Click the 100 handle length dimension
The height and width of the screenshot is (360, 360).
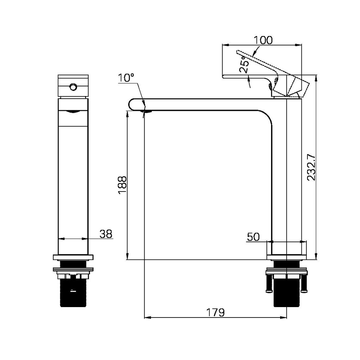(x=263, y=40)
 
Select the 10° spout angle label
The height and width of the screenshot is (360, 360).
(x=126, y=78)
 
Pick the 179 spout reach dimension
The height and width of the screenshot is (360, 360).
(x=215, y=312)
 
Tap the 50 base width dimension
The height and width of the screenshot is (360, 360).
(x=253, y=237)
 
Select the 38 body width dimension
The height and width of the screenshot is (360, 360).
(x=106, y=234)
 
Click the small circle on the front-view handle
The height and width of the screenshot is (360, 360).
(x=73, y=87)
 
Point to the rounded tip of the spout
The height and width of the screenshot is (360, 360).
(x=130, y=104)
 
